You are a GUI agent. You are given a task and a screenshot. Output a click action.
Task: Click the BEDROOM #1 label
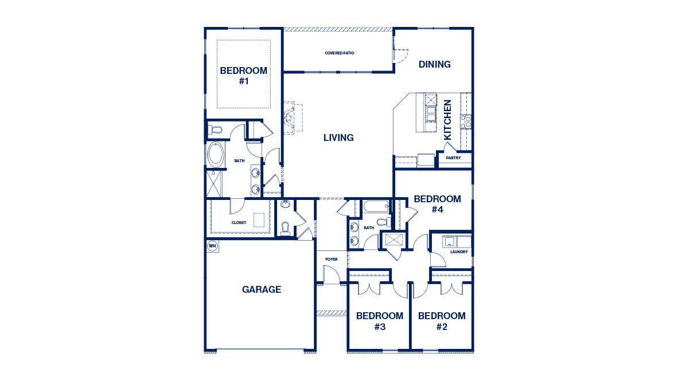point(244,76)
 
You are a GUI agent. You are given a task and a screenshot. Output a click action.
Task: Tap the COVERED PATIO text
point(340,53)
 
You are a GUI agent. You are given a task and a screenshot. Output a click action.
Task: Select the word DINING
point(434,64)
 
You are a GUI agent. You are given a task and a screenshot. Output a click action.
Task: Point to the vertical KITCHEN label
point(448,120)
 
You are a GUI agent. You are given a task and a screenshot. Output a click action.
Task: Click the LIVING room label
point(338,138)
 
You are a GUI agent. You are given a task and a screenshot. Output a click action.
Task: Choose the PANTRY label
point(453,158)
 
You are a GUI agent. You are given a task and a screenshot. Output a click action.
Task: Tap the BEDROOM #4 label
point(437,204)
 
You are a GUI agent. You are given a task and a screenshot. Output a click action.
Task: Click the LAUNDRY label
point(459,252)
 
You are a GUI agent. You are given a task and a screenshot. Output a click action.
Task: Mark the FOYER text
point(332,260)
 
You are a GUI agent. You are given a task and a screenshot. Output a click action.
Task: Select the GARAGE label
point(262,289)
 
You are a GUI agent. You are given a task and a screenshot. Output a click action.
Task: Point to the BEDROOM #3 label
point(379,321)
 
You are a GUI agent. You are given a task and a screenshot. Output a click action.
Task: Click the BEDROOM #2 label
point(441,321)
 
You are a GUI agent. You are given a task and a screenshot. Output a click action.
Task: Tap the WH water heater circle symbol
point(212,246)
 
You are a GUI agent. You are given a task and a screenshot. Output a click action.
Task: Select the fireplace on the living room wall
point(290,118)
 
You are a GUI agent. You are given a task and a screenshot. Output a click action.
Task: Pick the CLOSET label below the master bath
point(239,222)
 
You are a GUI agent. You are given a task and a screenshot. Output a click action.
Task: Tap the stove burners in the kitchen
point(466,121)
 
